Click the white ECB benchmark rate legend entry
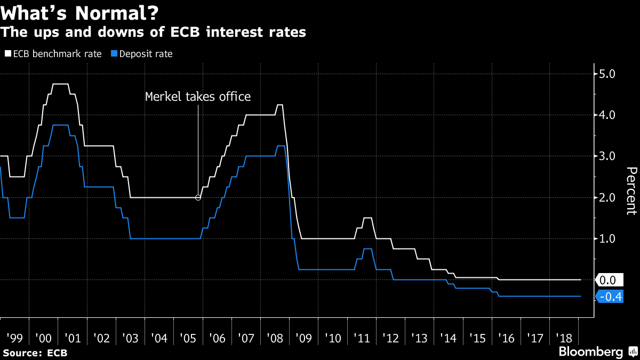point(53,54)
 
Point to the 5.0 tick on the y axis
point(608,74)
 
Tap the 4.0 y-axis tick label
point(608,115)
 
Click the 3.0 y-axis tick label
point(608,156)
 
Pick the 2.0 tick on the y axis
point(608,197)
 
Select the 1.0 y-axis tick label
point(608,238)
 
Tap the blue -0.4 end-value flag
point(610,297)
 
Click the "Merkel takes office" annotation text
point(198,97)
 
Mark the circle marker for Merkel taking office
point(198,197)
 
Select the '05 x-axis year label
point(188,338)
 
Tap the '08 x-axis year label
point(275,338)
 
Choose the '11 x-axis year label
point(362,338)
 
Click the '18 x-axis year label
point(565,338)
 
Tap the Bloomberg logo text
point(590,352)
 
